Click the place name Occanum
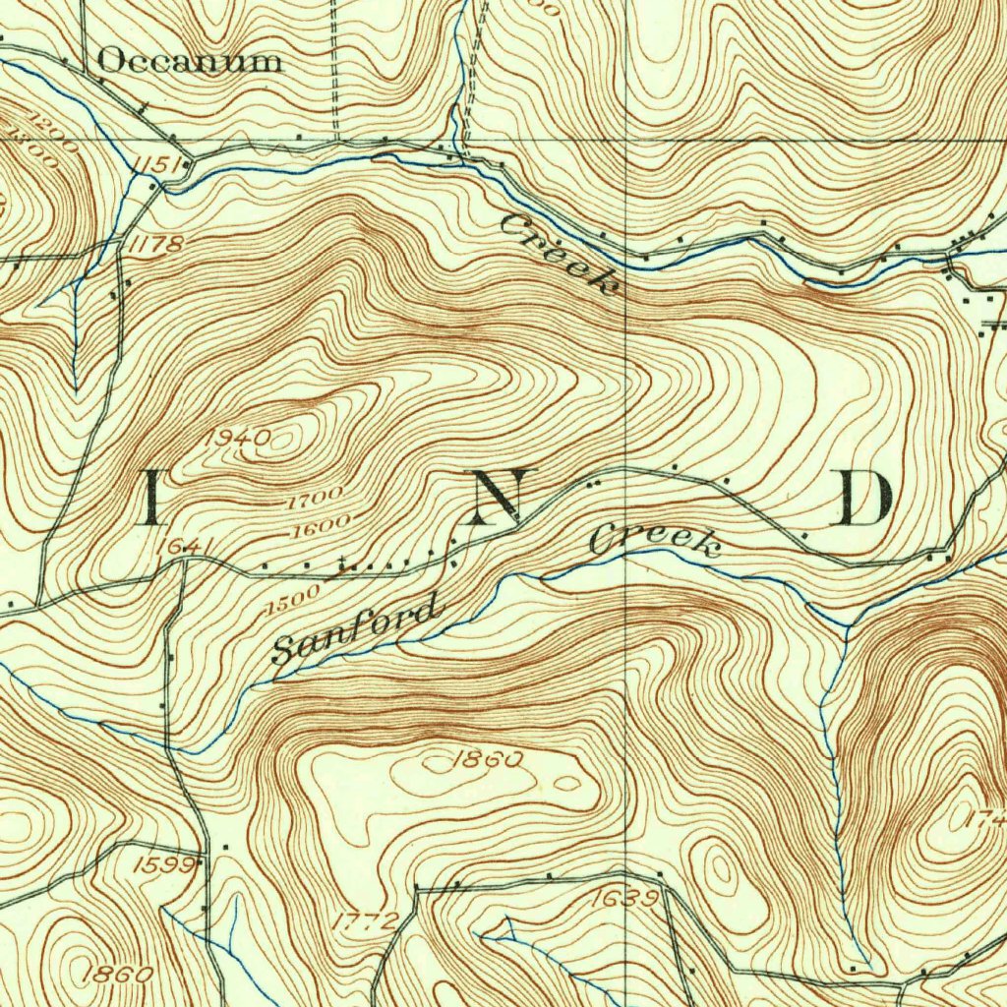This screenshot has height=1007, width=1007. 190,62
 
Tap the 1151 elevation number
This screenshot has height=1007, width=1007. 157,163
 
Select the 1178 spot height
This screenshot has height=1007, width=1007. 154,243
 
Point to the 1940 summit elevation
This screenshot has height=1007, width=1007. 237,440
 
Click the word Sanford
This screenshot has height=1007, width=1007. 353,631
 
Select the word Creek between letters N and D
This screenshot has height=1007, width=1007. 655,542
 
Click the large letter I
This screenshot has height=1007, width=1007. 153,498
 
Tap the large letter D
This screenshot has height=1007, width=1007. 865,498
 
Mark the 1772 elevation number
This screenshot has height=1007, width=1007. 366,921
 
